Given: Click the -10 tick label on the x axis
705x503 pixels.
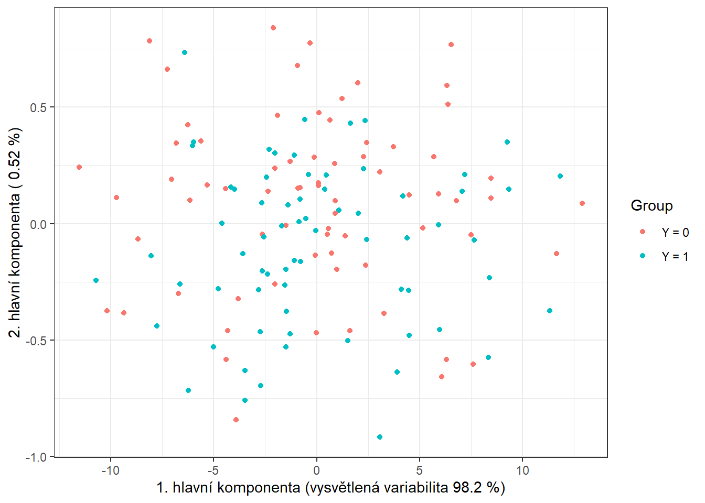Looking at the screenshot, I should click(x=110, y=471).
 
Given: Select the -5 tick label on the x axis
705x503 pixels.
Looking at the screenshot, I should click(x=213, y=471).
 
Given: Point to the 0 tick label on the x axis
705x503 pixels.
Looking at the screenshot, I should click(x=316, y=471).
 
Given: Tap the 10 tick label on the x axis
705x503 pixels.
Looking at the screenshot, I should click(x=522, y=471).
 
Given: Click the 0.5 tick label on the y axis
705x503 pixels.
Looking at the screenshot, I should click(x=37, y=107).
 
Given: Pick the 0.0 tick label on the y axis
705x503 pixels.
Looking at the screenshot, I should click(x=37, y=224).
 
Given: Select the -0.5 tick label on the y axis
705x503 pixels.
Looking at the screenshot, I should click(x=36, y=341).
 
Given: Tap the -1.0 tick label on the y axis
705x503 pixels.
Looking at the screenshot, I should click(x=36, y=457).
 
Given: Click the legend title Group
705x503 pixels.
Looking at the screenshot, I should click(x=651, y=206).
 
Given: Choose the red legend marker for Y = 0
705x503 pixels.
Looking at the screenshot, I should click(x=643, y=232).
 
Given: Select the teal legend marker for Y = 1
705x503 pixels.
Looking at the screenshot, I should click(x=643, y=256).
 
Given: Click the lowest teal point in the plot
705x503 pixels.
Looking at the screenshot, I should click(x=380, y=437).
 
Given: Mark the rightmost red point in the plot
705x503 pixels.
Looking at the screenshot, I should click(x=582, y=203).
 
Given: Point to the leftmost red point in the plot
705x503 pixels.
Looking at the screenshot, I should click(x=79, y=167).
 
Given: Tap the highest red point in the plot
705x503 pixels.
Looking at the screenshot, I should click(x=273, y=28).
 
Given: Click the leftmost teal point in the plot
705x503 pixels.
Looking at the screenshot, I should click(x=96, y=280).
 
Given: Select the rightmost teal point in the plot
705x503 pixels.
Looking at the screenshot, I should click(x=560, y=176).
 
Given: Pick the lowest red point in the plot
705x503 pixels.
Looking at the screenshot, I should click(x=236, y=420).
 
